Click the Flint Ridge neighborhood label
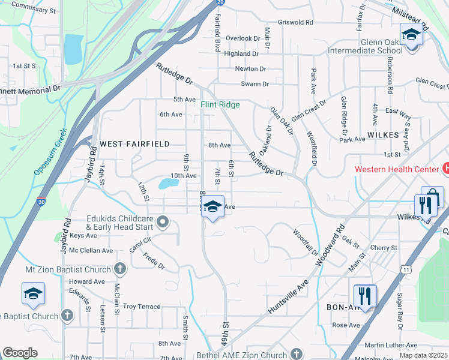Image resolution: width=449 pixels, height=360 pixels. (x=220, y=105)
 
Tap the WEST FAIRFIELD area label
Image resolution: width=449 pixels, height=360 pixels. (x=134, y=144)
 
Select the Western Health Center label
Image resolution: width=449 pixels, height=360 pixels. (x=396, y=169)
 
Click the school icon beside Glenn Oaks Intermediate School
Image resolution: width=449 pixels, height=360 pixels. (x=411, y=34)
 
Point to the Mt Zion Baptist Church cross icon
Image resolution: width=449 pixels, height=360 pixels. (x=120, y=268)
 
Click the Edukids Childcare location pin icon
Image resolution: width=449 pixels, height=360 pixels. (x=163, y=223)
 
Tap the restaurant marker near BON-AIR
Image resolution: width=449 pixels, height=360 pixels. (x=364, y=295)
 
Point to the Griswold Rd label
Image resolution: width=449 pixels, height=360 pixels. (x=295, y=23)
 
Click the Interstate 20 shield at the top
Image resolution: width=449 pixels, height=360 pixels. (x=220, y=3)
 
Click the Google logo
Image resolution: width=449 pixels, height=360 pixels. (x=20, y=353)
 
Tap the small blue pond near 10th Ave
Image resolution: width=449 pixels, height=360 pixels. (x=166, y=184)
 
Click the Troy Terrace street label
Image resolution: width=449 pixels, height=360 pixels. (x=142, y=306)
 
